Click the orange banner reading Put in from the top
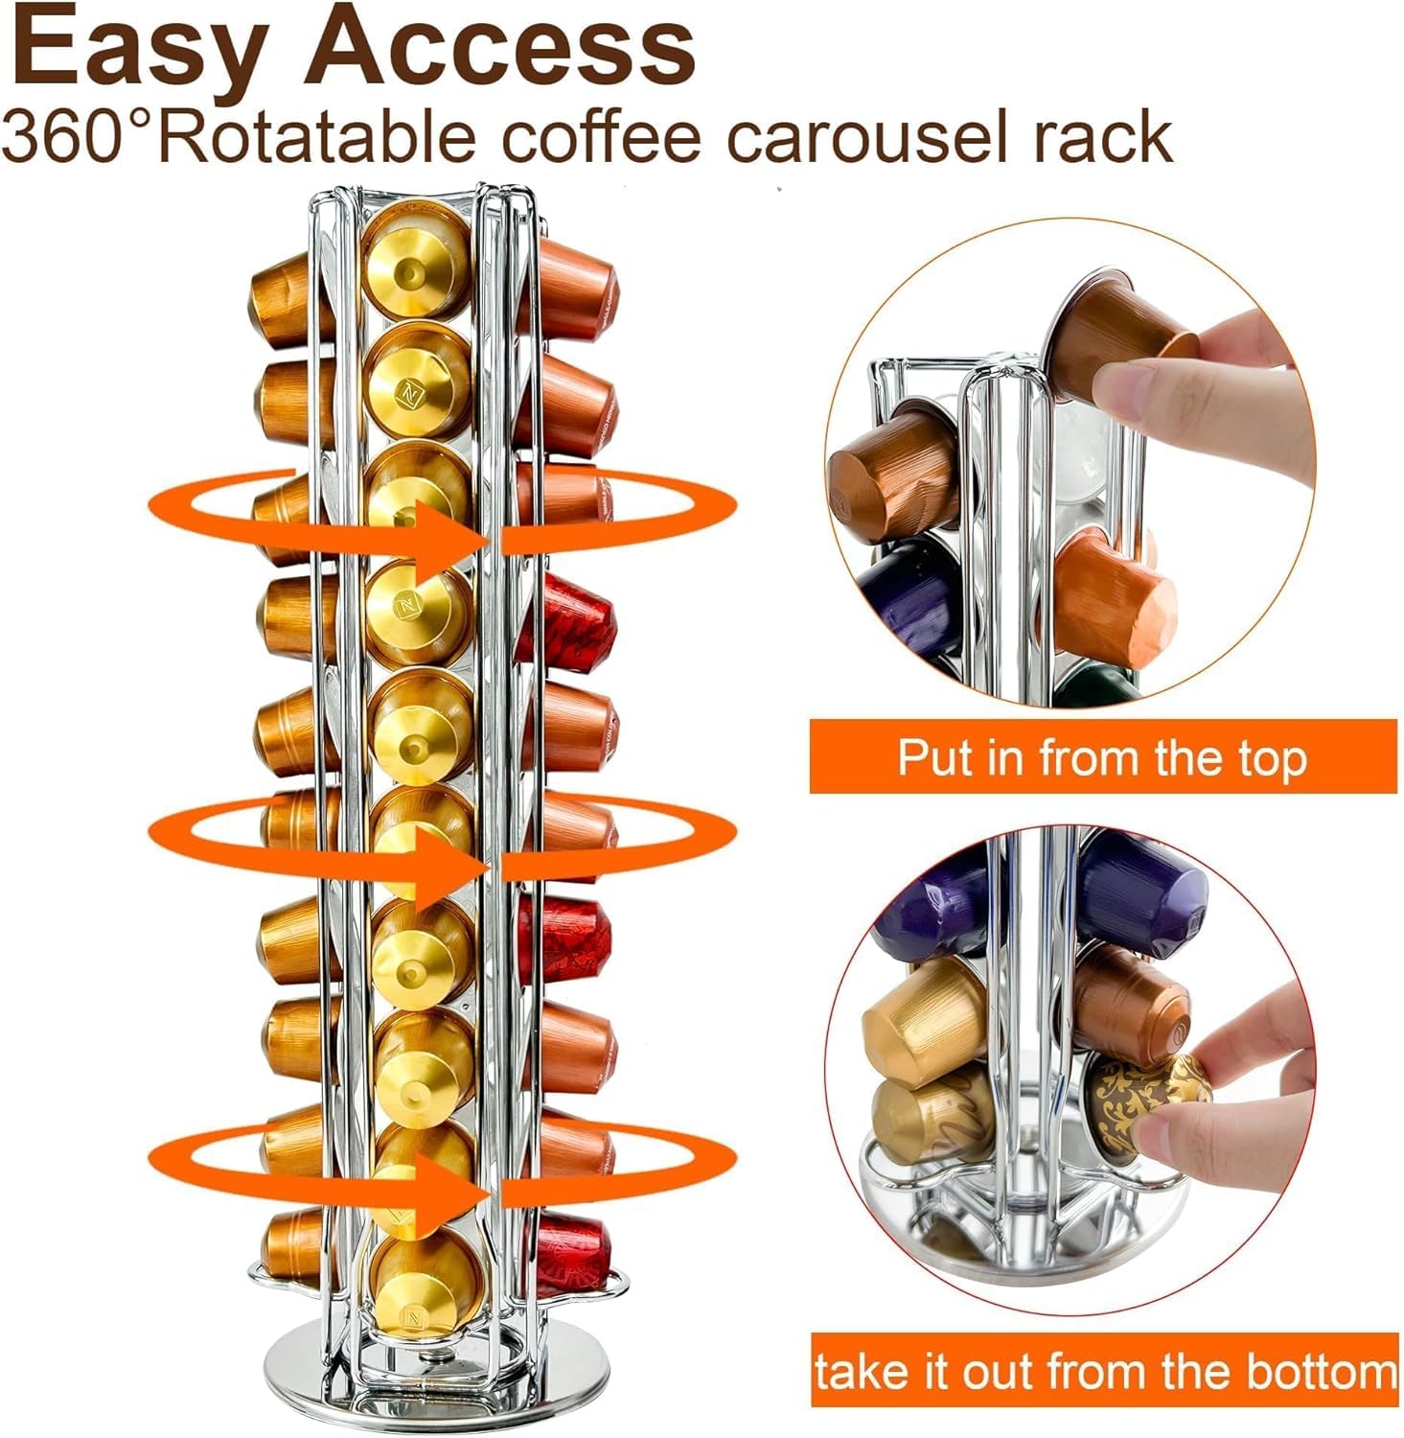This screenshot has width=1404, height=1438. [x=1102, y=756]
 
